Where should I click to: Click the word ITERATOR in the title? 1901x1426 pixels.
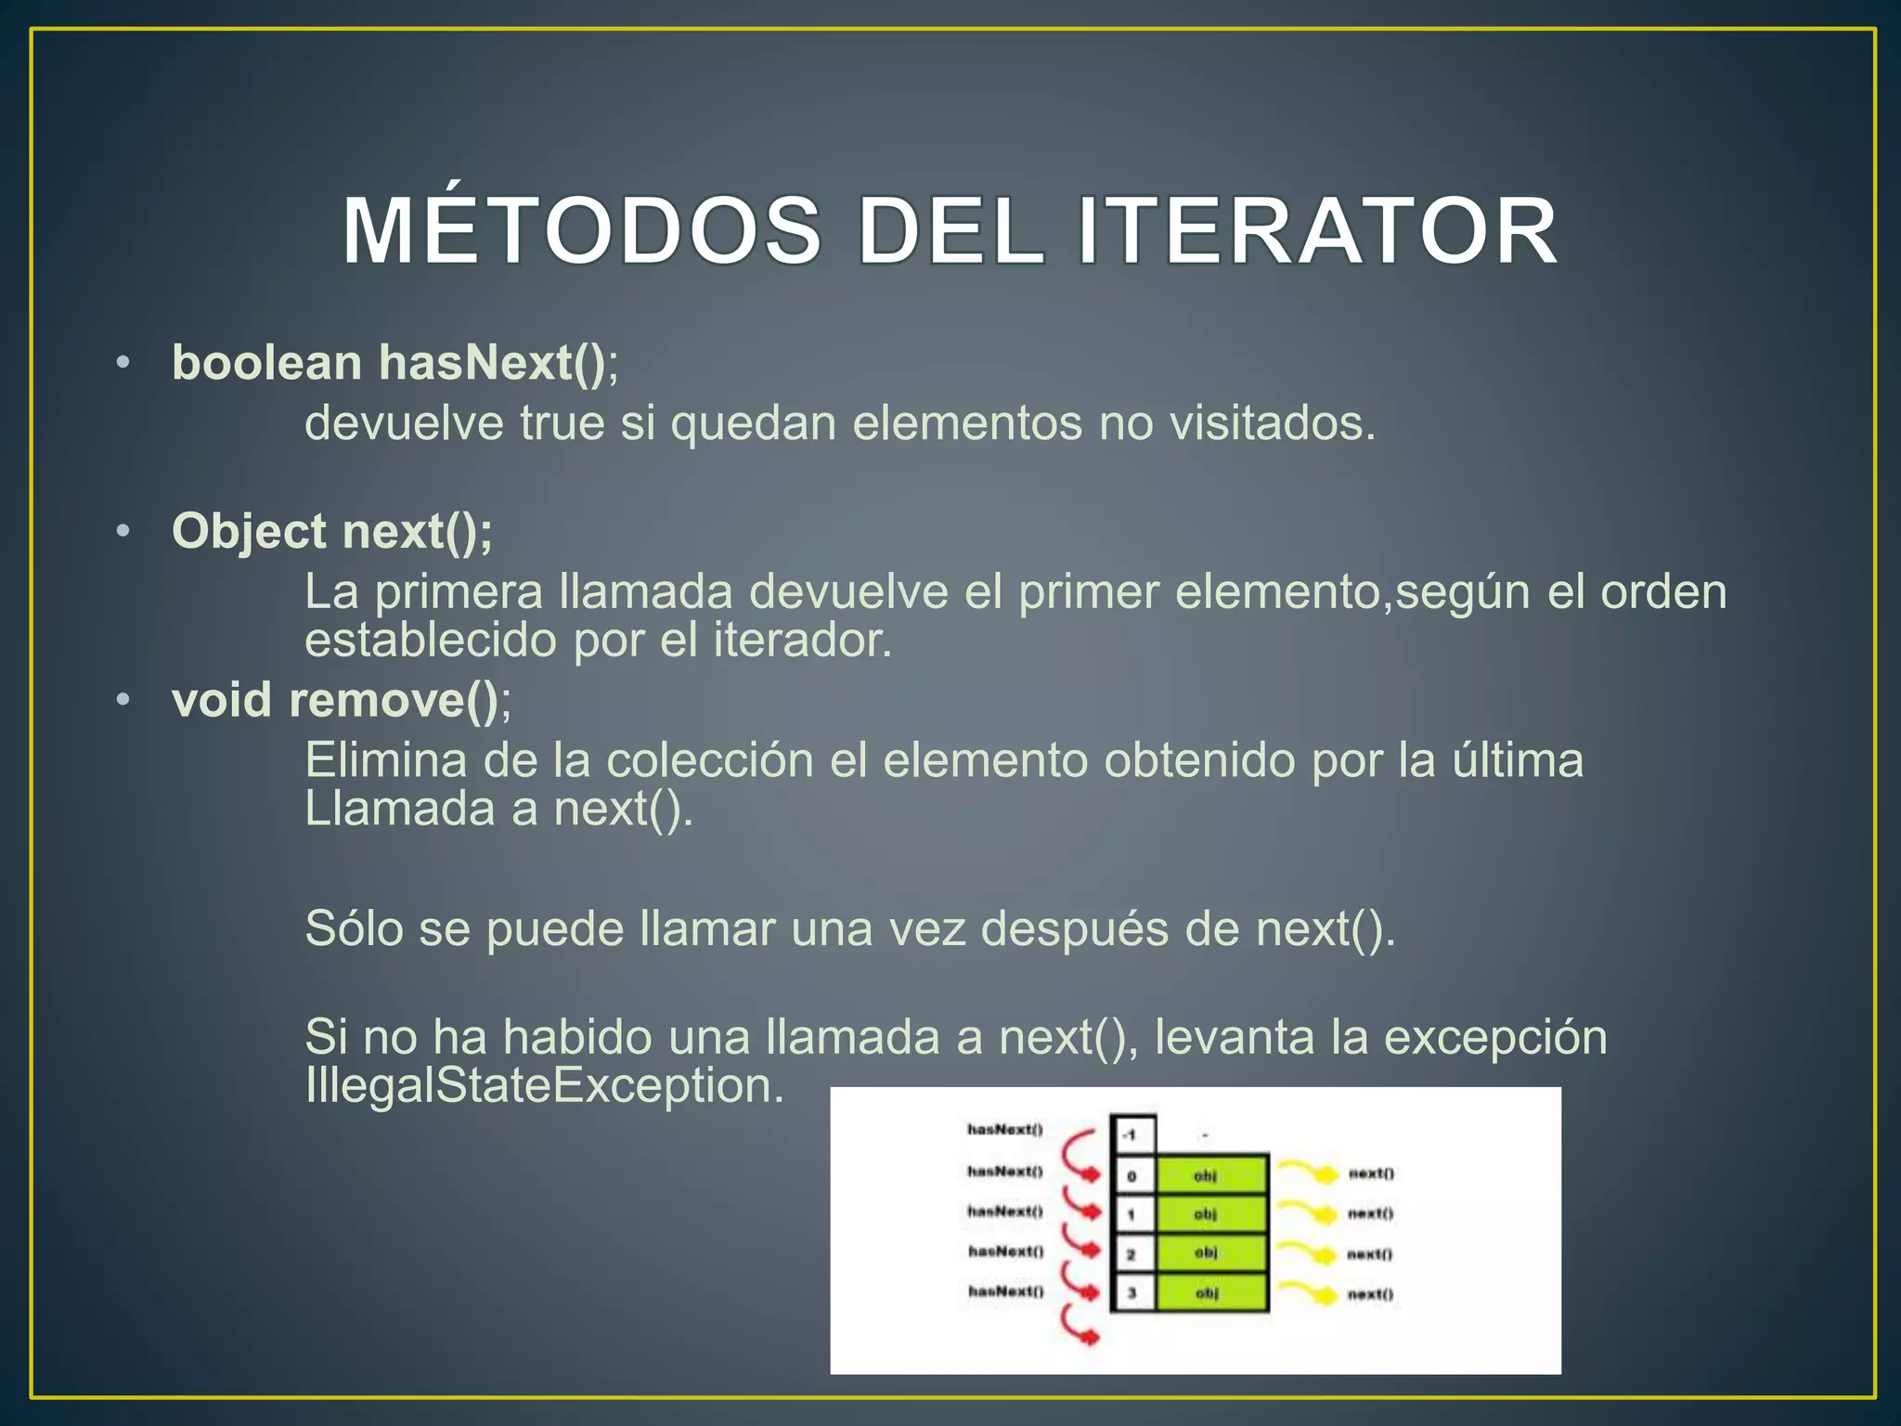(x=1317, y=231)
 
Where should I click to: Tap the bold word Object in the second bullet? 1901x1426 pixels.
(x=249, y=532)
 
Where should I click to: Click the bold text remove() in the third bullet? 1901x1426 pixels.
(x=394, y=700)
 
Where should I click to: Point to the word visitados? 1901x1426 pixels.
(x=1271, y=423)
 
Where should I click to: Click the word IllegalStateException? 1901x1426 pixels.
(x=544, y=1085)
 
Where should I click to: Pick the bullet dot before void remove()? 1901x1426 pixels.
(x=123, y=700)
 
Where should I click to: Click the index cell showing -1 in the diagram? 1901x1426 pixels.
(x=1132, y=1134)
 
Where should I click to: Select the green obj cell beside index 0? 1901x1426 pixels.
(x=1210, y=1175)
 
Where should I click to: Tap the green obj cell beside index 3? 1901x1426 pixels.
(x=1210, y=1292)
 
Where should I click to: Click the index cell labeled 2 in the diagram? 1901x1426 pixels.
(x=1132, y=1254)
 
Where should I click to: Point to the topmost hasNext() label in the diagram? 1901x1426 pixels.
(x=1004, y=1129)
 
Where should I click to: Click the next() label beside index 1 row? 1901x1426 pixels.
(x=1370, y=1213)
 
